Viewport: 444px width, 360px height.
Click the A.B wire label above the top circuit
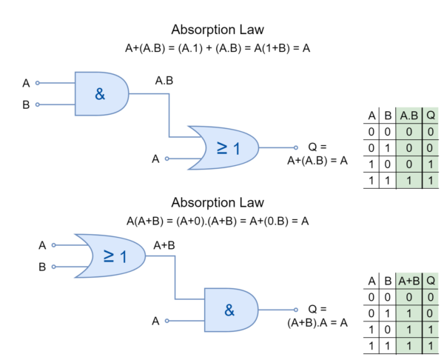pos(164,81)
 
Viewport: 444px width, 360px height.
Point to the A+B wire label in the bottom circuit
pos(164,245)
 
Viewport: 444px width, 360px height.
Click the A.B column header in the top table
pos(409,116)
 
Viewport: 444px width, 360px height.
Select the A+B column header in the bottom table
pos(409,281)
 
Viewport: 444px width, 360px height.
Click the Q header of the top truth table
pos(431,116)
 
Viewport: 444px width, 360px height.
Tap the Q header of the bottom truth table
pos(431,281)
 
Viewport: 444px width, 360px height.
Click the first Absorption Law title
pos(218,30)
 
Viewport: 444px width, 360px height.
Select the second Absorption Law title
pos(218,203)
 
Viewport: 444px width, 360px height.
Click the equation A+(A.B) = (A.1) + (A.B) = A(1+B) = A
pos(218,48)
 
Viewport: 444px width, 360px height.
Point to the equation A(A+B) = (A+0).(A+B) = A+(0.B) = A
pos(218,221)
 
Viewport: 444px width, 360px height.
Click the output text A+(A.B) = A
pos(317,161)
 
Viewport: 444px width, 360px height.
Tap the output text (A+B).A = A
pos(317,322)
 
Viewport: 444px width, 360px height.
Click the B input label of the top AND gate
pos(26,105)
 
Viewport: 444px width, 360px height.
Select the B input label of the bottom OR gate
pos(42,267)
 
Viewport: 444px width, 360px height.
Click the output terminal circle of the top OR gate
pos(295,147)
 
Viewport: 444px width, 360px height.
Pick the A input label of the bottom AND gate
pos(155,321)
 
